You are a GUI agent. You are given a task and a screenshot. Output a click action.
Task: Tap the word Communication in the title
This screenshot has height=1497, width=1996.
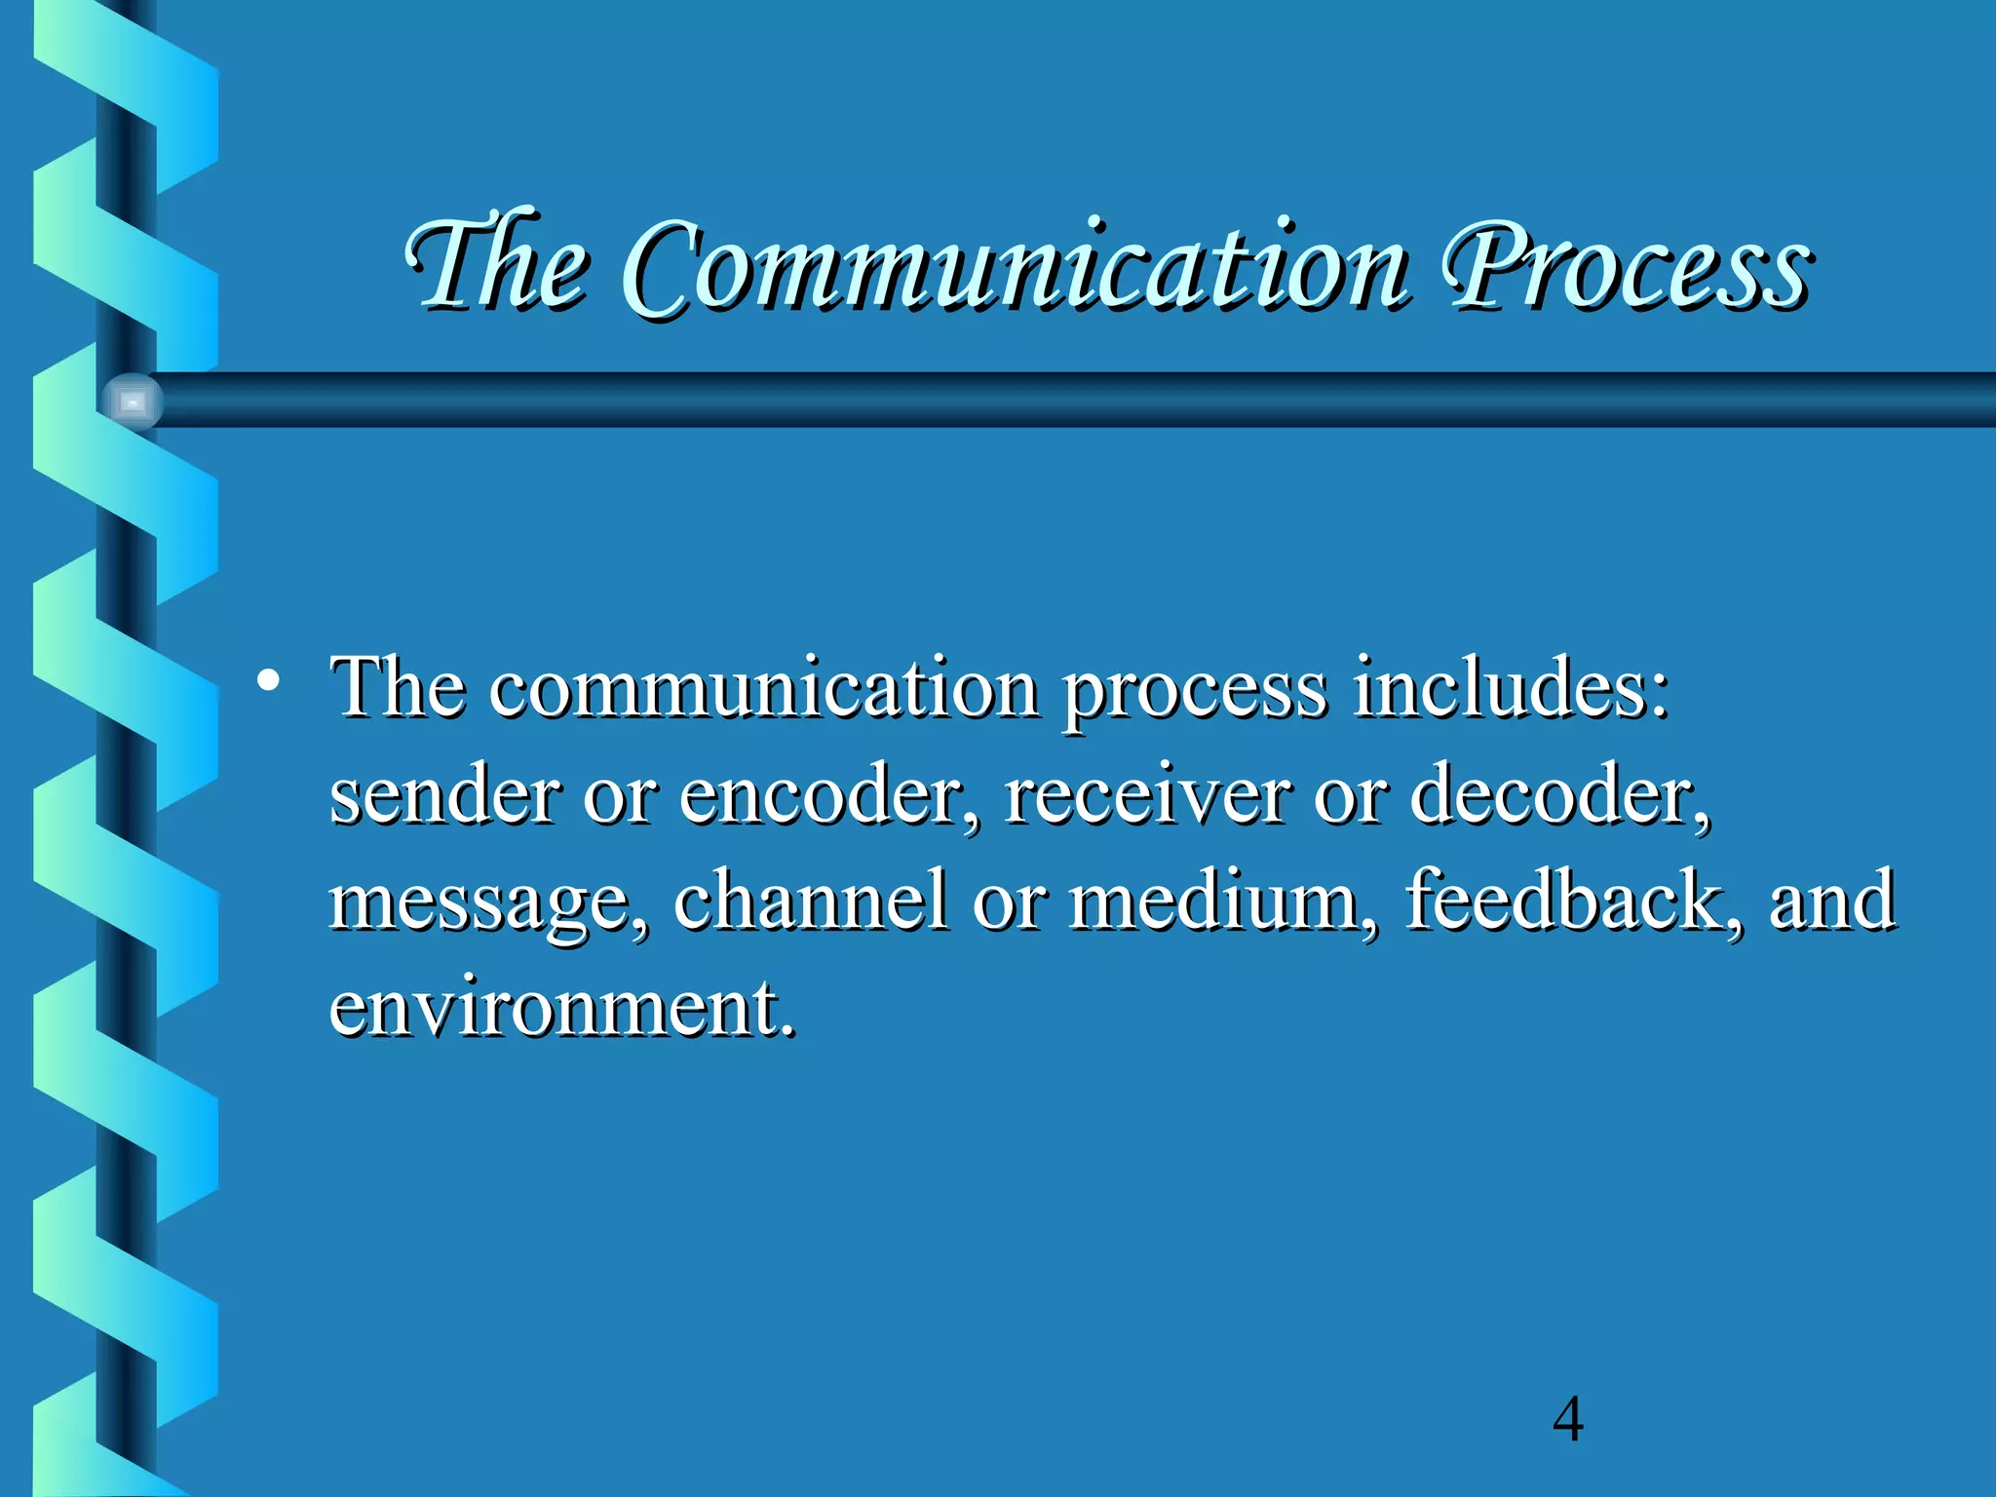1014,265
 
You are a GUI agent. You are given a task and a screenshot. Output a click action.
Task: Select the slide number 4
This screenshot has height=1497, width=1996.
1567,1420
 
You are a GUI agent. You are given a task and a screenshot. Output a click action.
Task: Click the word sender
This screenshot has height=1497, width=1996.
444,794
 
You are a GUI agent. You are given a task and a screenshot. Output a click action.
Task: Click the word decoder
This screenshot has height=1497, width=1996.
1559,794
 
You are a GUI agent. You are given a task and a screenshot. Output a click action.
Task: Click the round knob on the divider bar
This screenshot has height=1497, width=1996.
133,401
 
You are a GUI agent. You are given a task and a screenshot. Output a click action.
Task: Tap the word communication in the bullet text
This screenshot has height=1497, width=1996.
764,688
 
